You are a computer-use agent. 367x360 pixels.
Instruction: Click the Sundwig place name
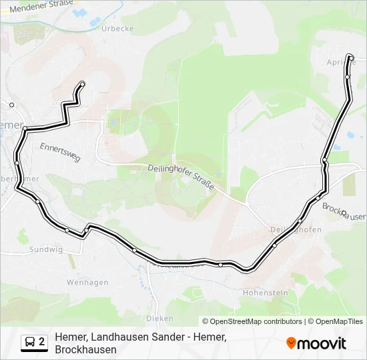pyautogui.click(x=45, y=249)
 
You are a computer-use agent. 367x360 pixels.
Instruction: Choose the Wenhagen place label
pyautogui.click(x=87, y=283)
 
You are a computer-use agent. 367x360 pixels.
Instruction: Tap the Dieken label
pyautogui.click(x=159, y=319)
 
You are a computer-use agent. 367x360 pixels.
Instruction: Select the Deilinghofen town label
pyautogui.click(x=296, y=229)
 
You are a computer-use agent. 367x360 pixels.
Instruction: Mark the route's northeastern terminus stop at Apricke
pyautogui.click(x=351, y=58)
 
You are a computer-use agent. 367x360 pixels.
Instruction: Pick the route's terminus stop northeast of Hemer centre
pyautogui.click(x=82, y=83)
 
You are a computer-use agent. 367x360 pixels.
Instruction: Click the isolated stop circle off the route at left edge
pyautogui.click(x=11, y=105)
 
